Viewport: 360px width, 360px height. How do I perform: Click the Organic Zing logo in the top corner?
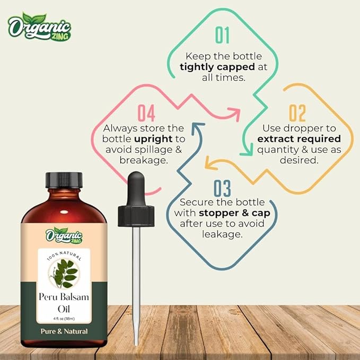(40, 29)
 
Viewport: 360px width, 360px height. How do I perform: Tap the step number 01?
(222, 35)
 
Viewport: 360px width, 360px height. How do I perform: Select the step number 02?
(297, 113)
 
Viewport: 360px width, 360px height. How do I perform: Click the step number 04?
(146, 113)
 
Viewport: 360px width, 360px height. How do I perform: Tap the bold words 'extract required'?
(298, 138)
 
